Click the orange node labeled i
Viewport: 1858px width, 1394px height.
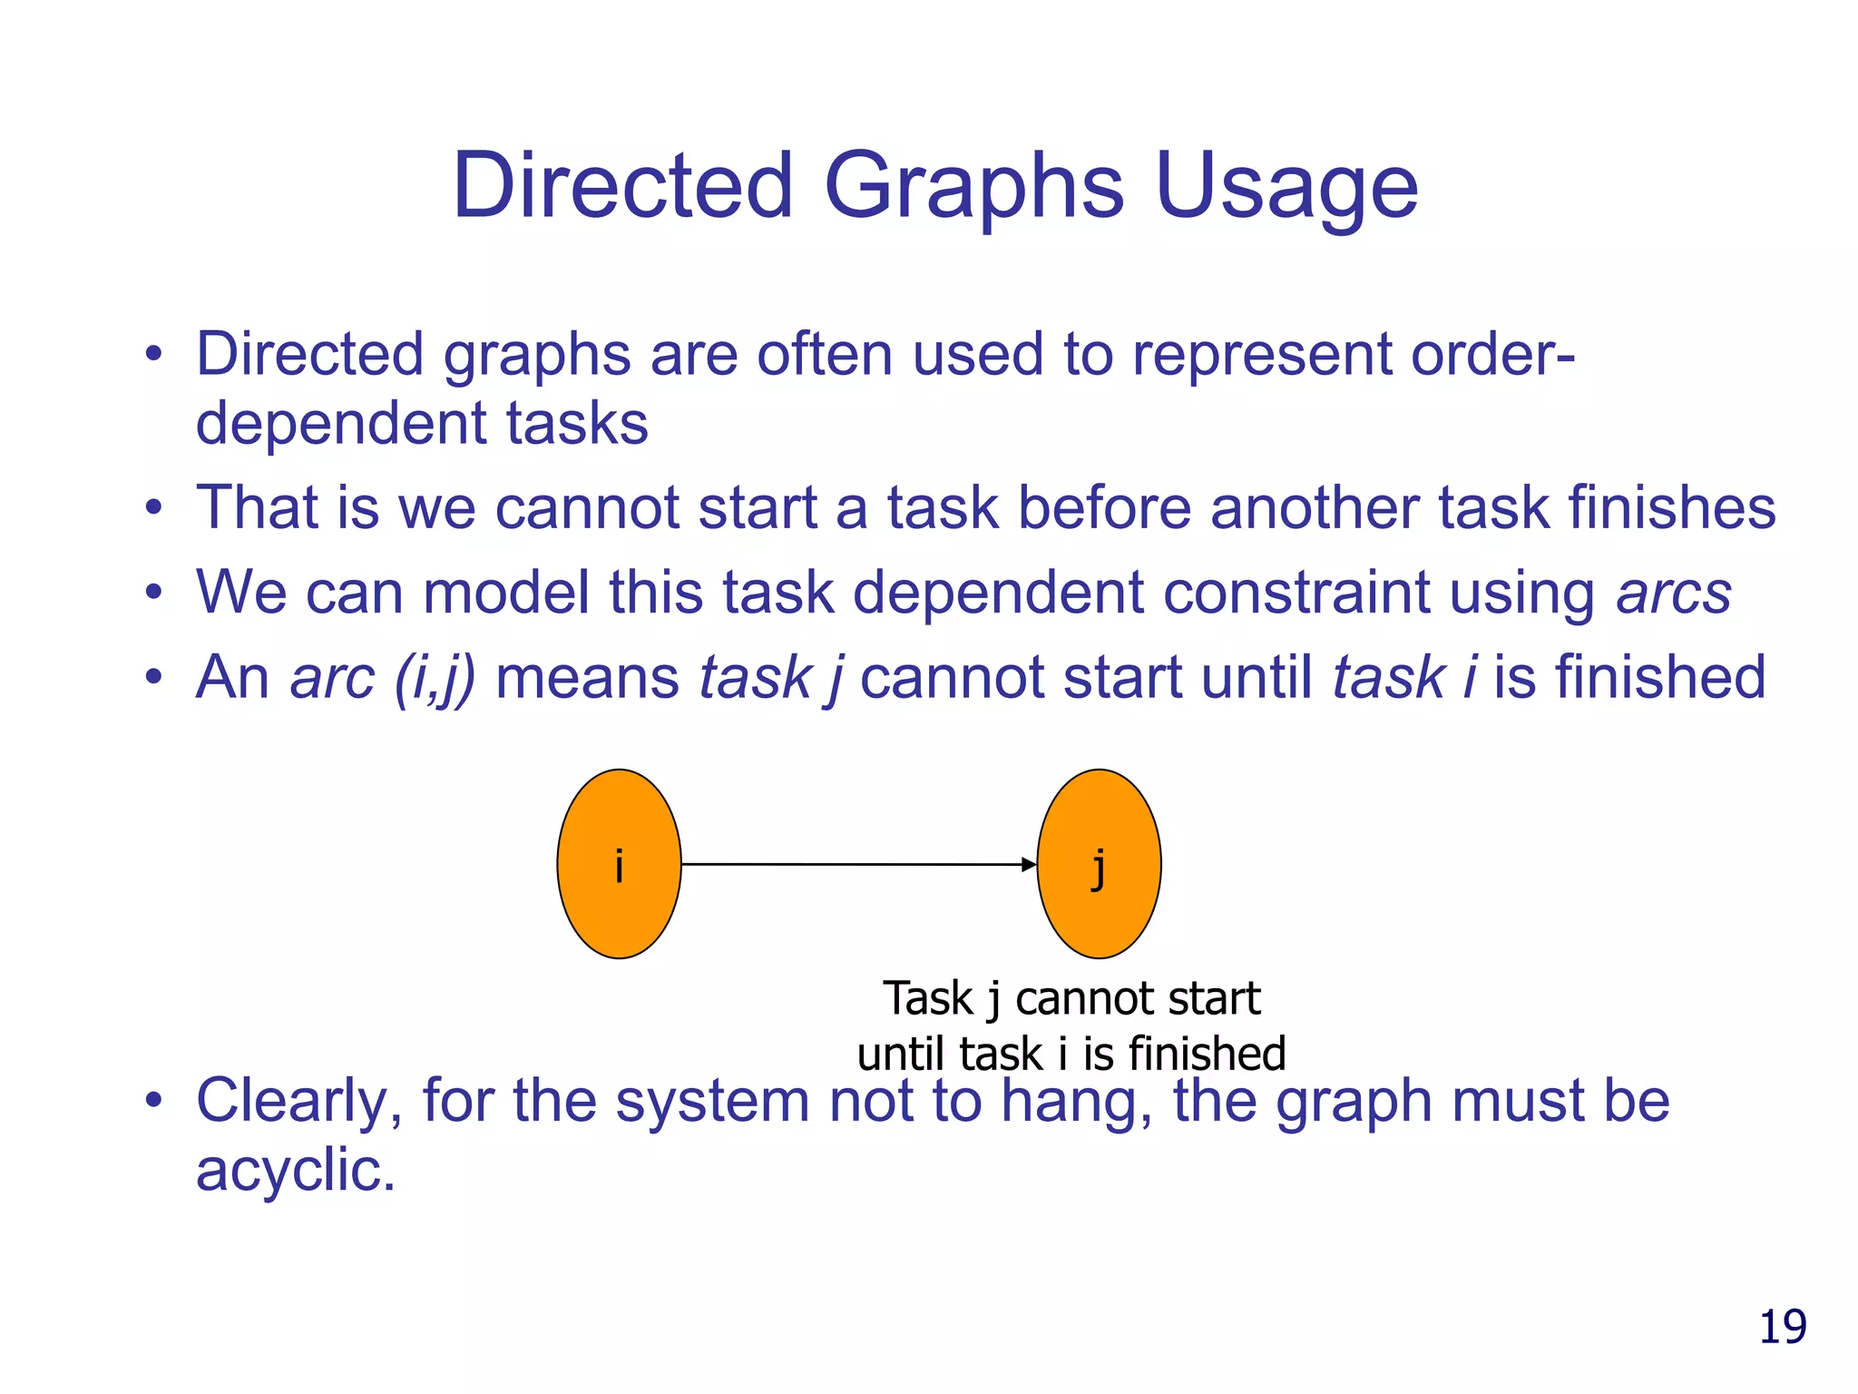(619, 864)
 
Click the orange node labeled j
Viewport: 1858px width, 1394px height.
(1099, 864)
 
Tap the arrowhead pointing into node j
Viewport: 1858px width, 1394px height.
(1029, 865)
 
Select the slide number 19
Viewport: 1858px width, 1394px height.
(1782, 1327)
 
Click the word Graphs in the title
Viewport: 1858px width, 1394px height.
(973, 187)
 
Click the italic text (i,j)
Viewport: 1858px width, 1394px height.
(435, 678)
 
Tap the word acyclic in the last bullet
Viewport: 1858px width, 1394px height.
(295, 1170)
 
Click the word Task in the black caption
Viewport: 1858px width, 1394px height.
(927, 998)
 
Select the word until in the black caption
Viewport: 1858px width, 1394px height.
(902, 1055)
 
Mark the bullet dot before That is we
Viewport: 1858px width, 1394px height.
(154, 508)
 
